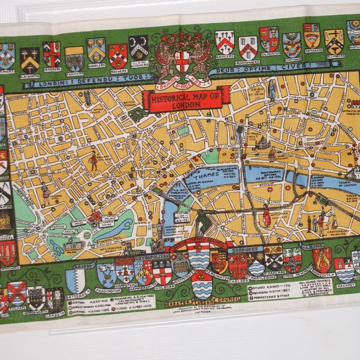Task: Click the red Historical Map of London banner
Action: [x=186, y=97]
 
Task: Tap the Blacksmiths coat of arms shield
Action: [x=29, y=60]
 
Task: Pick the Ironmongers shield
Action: [x=248, y=47]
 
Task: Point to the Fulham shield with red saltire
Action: [x=17, y=292]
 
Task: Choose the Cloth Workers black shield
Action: [x=138, y=47]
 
